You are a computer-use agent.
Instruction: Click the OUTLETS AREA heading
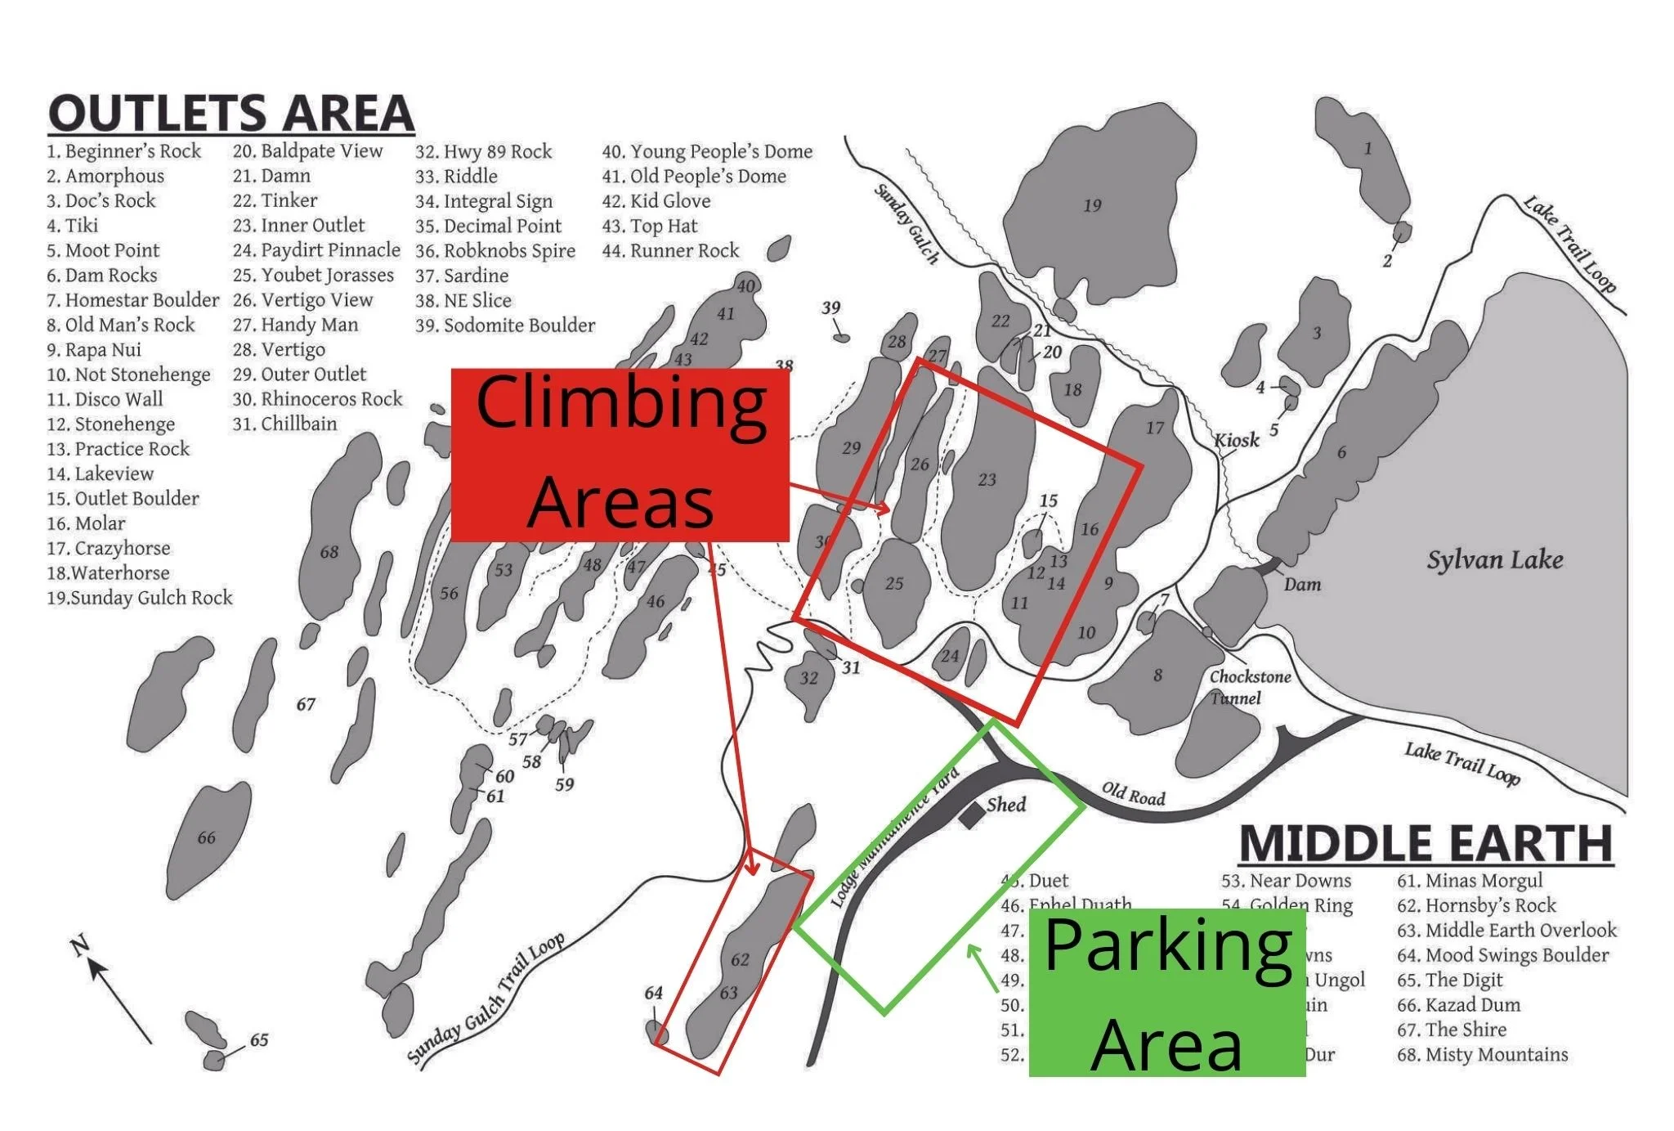[x=231, y=114]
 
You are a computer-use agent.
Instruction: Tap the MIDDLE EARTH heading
[x=1426, y=843]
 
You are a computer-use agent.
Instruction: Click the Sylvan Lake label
[x=1494, y=560]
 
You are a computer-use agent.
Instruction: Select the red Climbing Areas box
[x=620, y=455]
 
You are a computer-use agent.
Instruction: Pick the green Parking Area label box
[x=1166, y=993]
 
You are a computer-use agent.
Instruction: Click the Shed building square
[x=971, y=815]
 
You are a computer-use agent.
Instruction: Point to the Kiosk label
[x=1236, y=440]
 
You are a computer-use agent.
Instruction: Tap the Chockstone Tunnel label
[x=1250, y=687]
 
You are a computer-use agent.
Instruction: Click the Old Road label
[x=1133, y=793]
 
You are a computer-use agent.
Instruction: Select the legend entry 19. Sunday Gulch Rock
[x=140, y=598]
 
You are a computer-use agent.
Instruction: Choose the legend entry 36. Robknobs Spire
[x=495, y=250]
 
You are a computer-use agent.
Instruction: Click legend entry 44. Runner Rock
[x=670, y=250]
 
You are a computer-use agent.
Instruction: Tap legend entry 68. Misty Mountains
[x=1482, y=1054]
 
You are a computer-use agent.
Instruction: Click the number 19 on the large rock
[x=1092, y=205]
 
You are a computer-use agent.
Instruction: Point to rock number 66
[x=206, y=837]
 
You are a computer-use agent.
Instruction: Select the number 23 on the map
[x=987, y=479]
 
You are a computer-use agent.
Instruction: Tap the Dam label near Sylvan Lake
[x=1301, y=584]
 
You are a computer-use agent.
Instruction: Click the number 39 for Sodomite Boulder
[x=830, y=307]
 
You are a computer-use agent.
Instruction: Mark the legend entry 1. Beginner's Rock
[x=123, y=151]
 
